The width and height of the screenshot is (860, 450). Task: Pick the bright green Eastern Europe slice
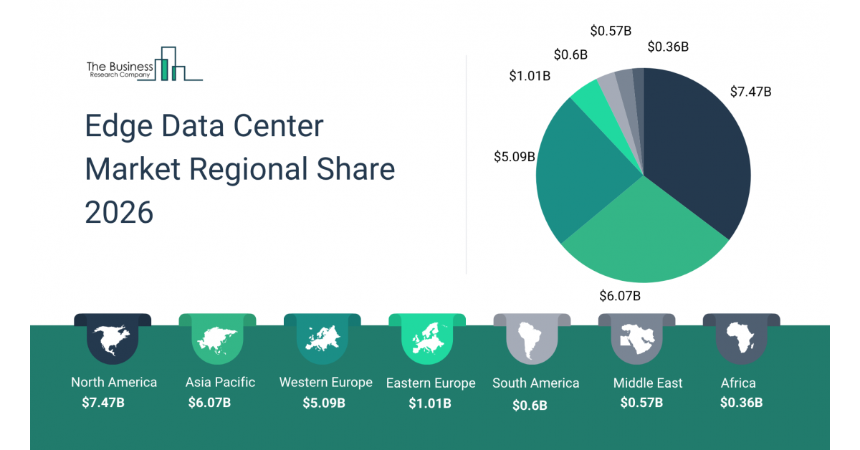coord(589,97)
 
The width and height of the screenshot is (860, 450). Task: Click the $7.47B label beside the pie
coord(750,92)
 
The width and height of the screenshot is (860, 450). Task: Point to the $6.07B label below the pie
coord(620,295)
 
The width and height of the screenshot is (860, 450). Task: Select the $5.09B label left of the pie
coord(515,156)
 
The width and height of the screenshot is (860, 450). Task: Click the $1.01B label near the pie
coord(530,75)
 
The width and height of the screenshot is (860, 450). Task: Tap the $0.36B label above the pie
coord(668,47)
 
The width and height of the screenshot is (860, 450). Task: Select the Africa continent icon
coord(741,338)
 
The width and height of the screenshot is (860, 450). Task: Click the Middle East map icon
coord(637,338)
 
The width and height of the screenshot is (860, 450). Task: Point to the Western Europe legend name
coord(325,383)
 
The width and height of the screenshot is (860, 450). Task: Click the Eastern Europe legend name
coord(431,383)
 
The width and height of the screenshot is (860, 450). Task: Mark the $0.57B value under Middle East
coord(641,403)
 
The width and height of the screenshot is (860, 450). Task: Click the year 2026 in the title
coord(119,212)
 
